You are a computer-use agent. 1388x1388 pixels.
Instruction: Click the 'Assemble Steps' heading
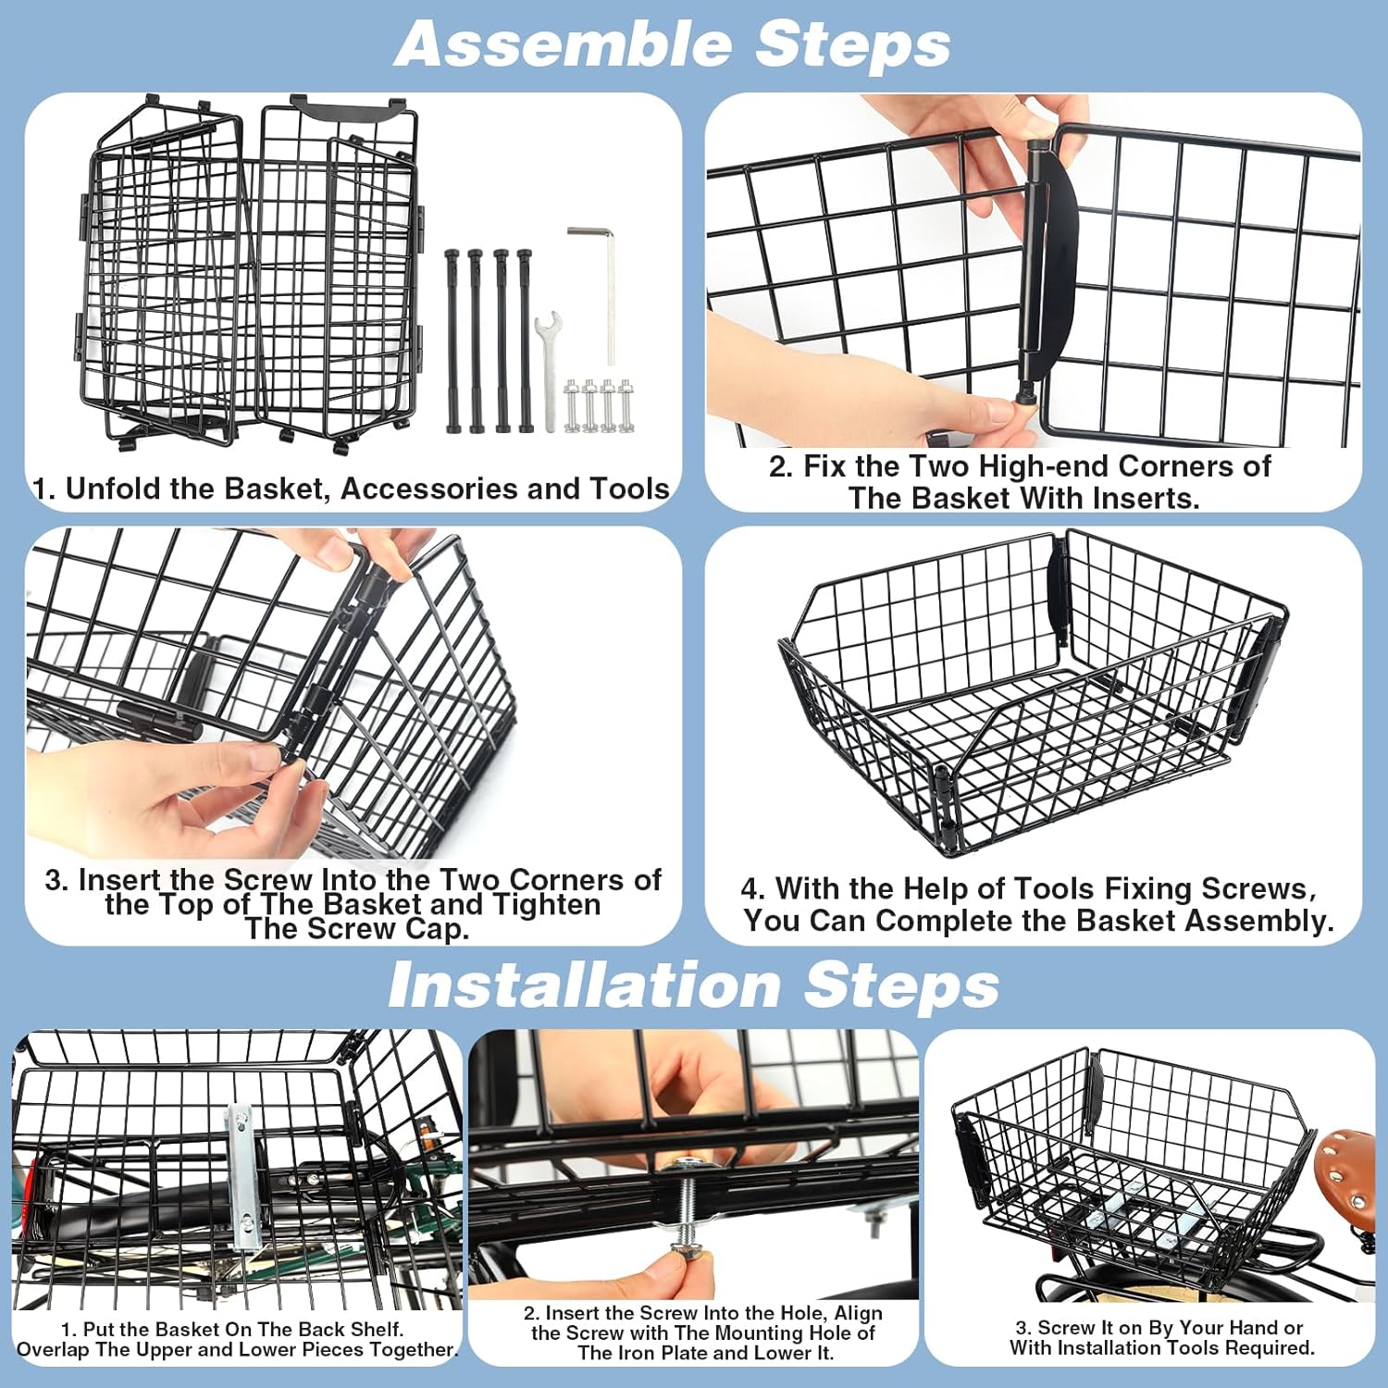click(x=673, y=43)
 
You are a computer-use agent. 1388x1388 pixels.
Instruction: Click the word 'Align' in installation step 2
click(x=858, y=1313)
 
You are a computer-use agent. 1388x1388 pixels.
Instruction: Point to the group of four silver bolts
click(x=600, y=404)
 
